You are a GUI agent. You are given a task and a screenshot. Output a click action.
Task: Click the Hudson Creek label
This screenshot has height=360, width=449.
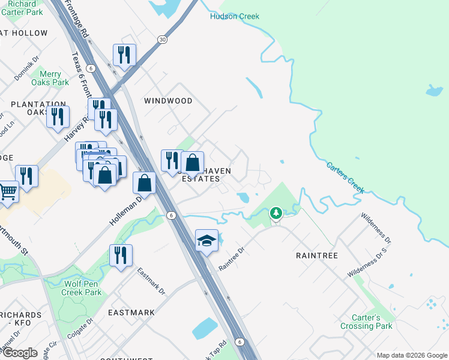pos(235,16)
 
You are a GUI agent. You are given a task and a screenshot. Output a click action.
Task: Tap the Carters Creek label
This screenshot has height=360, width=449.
pos(345,178)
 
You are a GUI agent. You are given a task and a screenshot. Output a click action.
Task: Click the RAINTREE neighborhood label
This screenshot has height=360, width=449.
pos(317,256)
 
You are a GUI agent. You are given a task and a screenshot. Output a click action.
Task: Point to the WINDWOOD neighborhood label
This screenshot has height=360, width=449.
pos(169,101)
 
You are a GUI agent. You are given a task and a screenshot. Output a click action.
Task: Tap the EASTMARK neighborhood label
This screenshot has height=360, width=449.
pos(131,313)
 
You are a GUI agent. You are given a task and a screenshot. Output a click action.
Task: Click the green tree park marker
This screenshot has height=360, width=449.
pos(276,213)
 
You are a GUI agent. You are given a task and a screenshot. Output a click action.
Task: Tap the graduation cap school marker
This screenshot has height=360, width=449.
pos(206,241)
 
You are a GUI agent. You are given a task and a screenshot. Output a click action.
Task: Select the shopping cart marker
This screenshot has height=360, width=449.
pos(8,192)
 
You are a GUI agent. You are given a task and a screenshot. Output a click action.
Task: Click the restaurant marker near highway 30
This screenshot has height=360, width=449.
pos(125,55)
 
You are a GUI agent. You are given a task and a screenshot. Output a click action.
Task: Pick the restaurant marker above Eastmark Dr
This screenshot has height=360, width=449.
pos(120,256)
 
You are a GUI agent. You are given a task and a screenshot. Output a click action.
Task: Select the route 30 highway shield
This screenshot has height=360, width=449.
pos(162,39)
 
